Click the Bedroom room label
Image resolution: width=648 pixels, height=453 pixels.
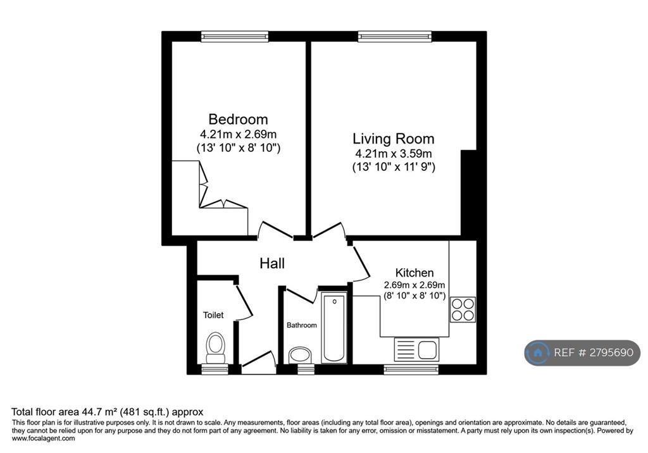[238, 119]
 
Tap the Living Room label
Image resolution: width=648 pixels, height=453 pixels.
[394, 139]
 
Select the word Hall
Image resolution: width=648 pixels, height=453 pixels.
[272, 263]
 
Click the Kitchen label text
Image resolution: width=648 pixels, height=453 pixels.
[414, 273]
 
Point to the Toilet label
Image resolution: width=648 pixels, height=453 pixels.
[213, 315]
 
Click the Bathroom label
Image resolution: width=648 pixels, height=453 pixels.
[302, 325]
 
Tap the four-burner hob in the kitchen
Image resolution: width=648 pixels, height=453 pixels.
[463, 309]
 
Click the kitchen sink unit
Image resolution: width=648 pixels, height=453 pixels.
[416, 349]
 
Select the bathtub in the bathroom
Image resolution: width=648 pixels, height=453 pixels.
[334, 327]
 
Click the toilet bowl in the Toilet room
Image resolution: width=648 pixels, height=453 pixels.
[215, 347]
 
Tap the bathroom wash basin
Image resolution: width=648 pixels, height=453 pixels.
[300, 355]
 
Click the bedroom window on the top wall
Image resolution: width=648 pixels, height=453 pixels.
[235, 36]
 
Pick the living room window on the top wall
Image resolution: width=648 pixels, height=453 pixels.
[395, 36]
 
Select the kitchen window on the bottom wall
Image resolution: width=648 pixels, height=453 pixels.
[411, 369]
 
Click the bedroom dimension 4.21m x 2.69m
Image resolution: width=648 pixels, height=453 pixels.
[239, 134]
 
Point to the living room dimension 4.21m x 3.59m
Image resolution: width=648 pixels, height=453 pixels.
[394, 154]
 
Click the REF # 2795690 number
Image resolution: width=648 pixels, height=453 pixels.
[594, 352]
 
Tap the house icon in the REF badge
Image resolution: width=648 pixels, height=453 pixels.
[538, 352]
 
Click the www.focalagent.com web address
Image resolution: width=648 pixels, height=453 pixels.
[44, 438]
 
